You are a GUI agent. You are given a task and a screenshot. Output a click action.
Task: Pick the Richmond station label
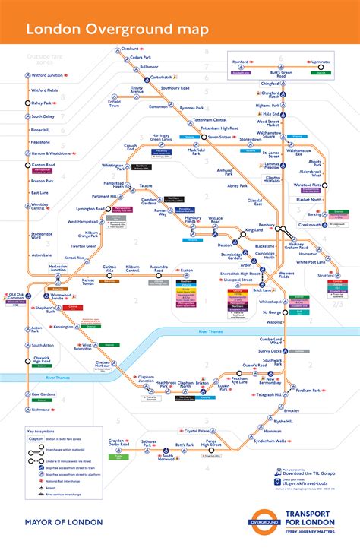click(42, 410)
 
